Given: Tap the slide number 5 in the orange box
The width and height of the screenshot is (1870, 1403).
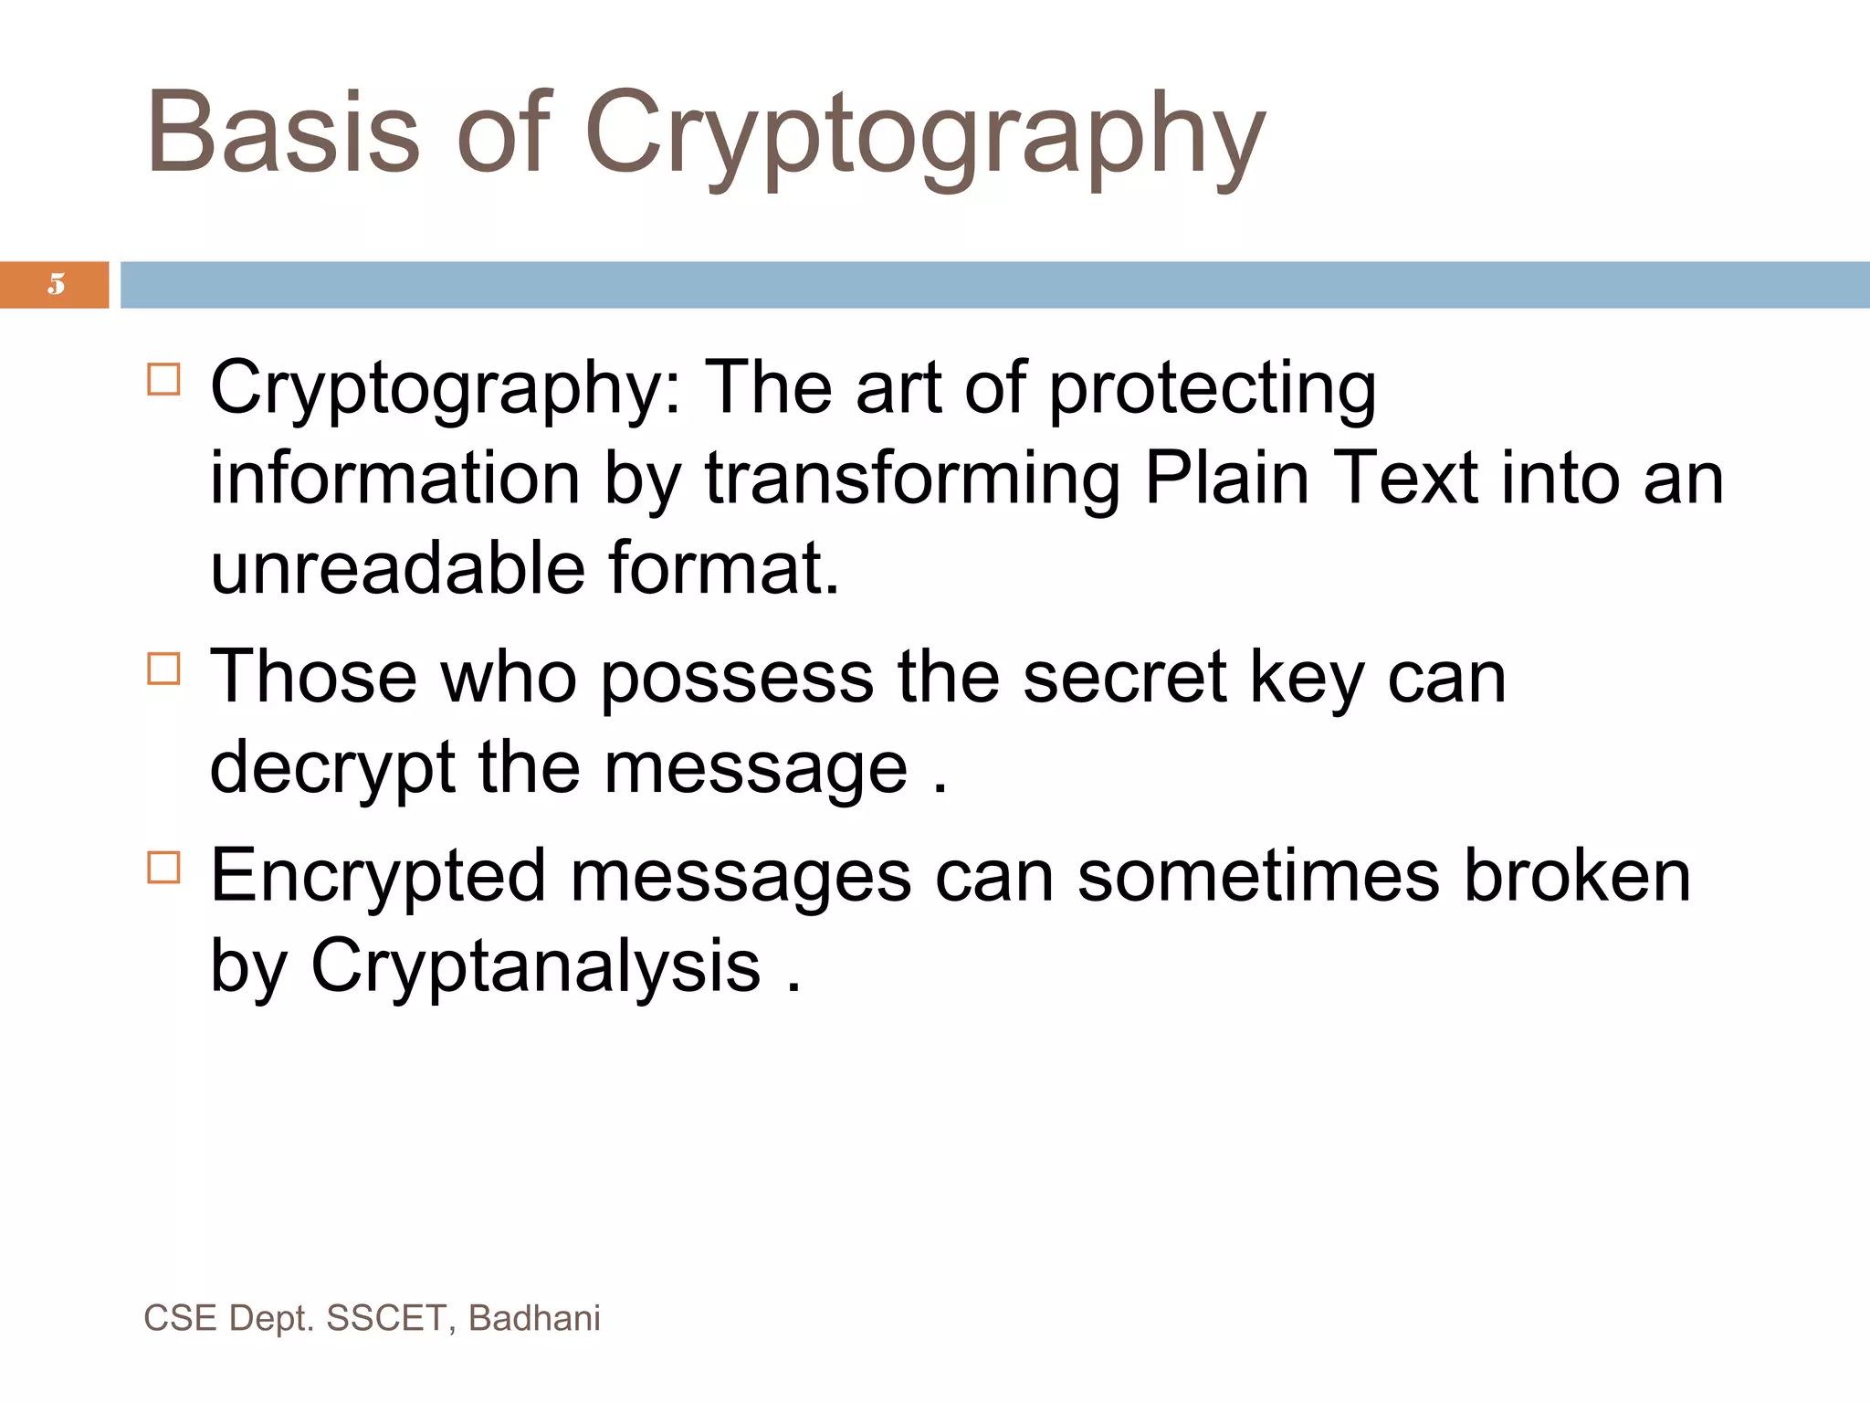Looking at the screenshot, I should (x=57, y=284).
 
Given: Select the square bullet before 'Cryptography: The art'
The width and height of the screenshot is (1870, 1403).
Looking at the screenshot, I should (x=163, y=379).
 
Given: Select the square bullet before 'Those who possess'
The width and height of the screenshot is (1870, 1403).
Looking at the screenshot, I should (x=163, y=669).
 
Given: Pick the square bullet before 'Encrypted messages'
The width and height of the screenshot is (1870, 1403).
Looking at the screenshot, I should (x=163, y=868).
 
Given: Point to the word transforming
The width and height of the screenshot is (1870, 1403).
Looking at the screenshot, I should (x=912, y=480).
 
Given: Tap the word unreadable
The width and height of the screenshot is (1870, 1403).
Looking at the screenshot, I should (x=397, y=569).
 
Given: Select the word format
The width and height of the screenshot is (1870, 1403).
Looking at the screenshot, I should (x=723, y=569).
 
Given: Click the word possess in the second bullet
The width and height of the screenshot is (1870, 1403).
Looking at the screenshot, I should (x=737, y=679).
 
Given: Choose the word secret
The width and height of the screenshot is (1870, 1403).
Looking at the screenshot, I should (x=1124, y=677).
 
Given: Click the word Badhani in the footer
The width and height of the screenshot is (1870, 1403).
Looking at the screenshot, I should (x=534, y=1318).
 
